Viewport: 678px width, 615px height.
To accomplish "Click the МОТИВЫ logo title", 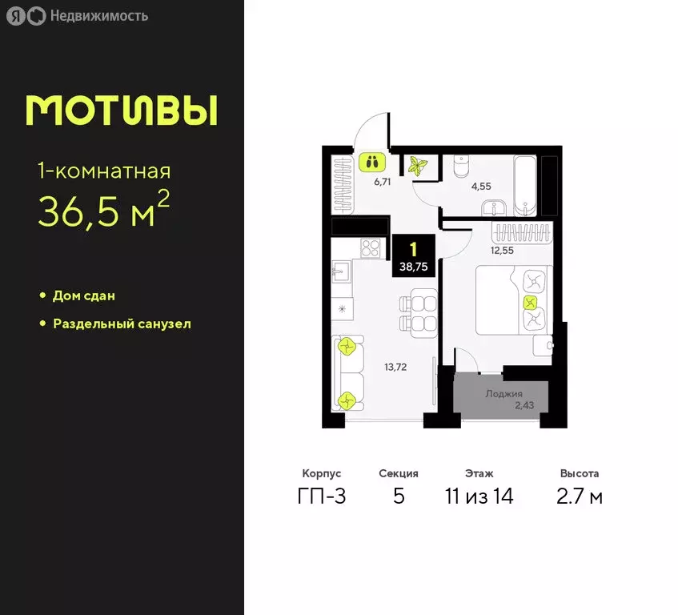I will point(122,111).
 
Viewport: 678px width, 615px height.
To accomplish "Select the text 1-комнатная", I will point(104,171).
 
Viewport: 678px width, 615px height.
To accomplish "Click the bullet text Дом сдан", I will point(84,295).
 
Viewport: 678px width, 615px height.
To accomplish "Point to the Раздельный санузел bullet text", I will point(122,324).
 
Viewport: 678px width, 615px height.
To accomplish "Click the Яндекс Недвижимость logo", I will point(77,15).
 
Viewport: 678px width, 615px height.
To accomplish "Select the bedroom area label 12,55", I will point(502,251).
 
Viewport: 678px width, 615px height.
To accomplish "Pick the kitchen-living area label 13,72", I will point(395,367).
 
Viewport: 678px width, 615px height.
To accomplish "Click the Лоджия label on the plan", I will point(503,393).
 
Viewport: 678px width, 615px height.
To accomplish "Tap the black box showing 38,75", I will point(414,255).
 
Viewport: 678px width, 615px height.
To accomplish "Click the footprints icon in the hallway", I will point(371,162).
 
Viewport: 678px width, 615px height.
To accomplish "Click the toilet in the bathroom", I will point(462,167).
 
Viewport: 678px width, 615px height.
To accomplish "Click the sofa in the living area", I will point(347,373).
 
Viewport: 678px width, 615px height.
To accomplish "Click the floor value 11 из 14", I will point(479,496).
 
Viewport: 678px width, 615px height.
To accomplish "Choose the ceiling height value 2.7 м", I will point(580,496).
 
